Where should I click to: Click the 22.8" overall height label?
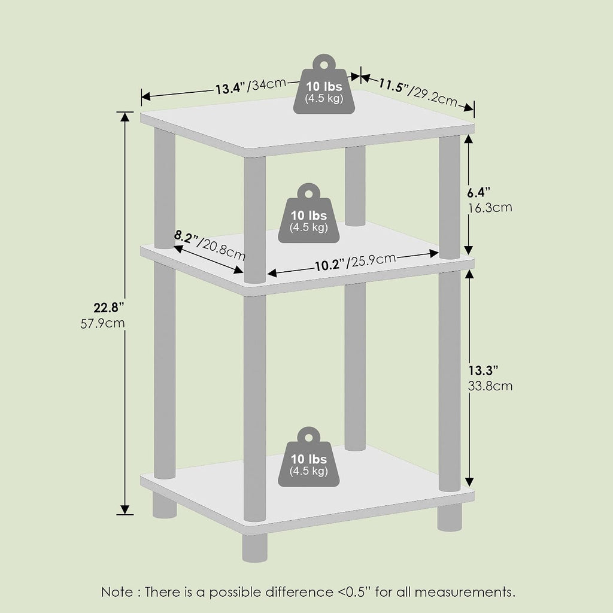click(108, 308)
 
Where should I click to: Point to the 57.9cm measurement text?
click(102, 324)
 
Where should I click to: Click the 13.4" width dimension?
click(230, 89)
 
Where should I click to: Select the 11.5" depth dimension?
click(393, 86)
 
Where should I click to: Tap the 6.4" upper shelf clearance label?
click(478, 192)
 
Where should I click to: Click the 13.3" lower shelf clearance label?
click(483, 370)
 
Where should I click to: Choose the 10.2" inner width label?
click(330, 265)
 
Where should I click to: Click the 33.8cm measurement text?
click(490, 386)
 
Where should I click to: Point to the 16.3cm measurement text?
click(490, 208)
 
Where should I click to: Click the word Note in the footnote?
click(117, 592)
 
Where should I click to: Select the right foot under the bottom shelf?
click(450, 517)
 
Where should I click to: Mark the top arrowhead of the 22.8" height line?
click(125, 117)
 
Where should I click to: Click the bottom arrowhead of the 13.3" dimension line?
click(469, 482)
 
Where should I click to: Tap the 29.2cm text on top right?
click(435, 98)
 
